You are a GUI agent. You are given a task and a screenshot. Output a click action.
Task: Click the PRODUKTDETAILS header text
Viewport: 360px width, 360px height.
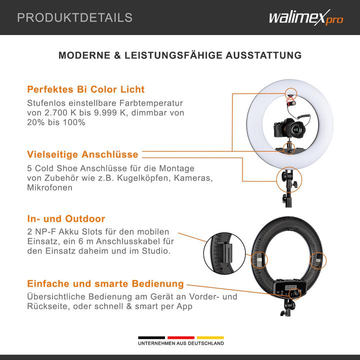tap(75, 18)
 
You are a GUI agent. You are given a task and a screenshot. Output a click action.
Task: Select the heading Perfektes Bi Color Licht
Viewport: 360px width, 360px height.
tap(85, 89)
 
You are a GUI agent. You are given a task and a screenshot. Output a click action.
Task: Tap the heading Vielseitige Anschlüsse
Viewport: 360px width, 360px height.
tap(82, 154)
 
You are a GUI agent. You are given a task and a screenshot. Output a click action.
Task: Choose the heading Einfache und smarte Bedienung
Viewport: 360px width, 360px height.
tap(105, 283)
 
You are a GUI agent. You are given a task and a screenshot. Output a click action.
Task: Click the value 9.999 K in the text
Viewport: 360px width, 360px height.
tap(99, 113)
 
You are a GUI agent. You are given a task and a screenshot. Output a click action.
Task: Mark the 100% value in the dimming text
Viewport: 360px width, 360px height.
tap(73, 123)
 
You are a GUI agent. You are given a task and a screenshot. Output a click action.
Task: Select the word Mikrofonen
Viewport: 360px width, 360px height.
tap(49, 188)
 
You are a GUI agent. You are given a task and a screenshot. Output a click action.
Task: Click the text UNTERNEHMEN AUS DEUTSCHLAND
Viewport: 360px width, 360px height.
tap(181, 344)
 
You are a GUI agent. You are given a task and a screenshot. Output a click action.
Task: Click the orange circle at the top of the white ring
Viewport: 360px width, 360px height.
tap(290, 93)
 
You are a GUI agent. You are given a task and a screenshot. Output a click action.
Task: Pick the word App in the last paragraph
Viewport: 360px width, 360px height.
tap(183, 307)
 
